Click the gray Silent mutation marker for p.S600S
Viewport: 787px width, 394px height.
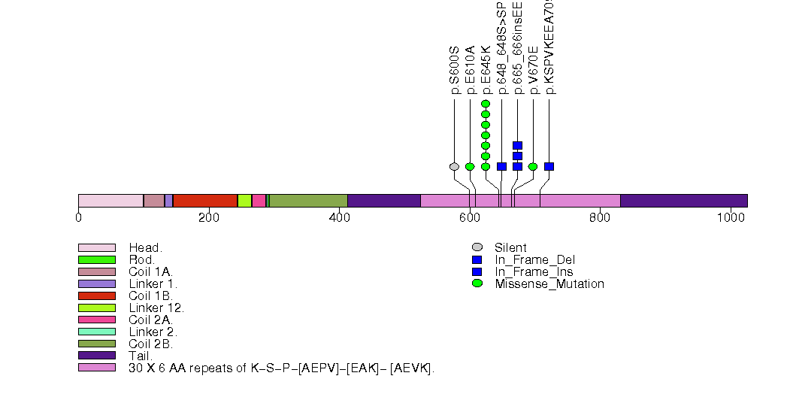click(x=454, y=167)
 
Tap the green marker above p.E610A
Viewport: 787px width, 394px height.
click(x=470, y=167)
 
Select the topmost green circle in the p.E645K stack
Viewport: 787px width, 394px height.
click(x=486, y=104)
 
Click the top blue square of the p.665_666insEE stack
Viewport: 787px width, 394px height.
click(x=517, y=146)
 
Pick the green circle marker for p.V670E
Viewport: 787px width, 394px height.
click(x=533, y=167)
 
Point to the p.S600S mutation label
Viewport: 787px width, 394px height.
click(x=454, y=71)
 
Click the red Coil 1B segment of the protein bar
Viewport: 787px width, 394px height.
click(x=205, y=201)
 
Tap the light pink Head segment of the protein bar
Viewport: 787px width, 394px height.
click(x=110, y=201)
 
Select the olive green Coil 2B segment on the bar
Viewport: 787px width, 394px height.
click(x=308, y=201)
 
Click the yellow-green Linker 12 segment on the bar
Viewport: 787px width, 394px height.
click(x=244, y=201)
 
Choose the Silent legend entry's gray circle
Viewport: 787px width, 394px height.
click(x=477, y=247)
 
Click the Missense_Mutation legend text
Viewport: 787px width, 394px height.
click(x=549, y=284)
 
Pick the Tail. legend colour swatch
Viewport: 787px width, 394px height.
click(x=97, y=356)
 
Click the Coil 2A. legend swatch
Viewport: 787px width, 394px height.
click(x=97, y=320)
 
